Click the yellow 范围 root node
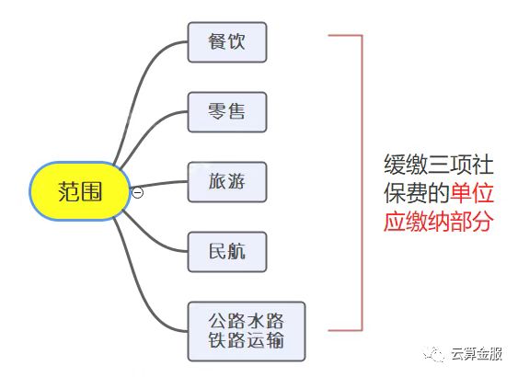[x=80, y=191]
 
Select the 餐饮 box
[x=227, y=42]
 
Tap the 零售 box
[x=227, y=112]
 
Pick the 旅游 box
[x=227, y=182]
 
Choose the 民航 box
[x=227, y=252]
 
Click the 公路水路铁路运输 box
[x=247, y=331]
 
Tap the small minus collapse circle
[x=137, y=192]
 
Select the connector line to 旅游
[x=158, y=184]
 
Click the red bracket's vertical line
[x=363, y=182]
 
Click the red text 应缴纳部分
[x=438, y=221]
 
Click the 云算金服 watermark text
[x=477, y=354]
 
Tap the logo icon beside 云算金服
[x=433, y=354]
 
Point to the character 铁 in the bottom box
[x=217, y=340]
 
